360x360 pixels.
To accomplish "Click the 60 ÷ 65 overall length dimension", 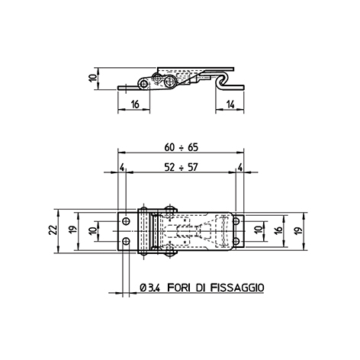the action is point(181,147).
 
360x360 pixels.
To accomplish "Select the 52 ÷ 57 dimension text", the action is point(181,167).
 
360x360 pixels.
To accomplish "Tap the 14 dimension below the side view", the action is point(230,104).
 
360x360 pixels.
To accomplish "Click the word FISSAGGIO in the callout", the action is point(237,288).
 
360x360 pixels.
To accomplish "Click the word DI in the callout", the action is point(201,288).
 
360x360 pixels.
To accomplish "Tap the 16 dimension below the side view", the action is point(135,104).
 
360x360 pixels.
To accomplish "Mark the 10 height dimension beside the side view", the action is point(94,78).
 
